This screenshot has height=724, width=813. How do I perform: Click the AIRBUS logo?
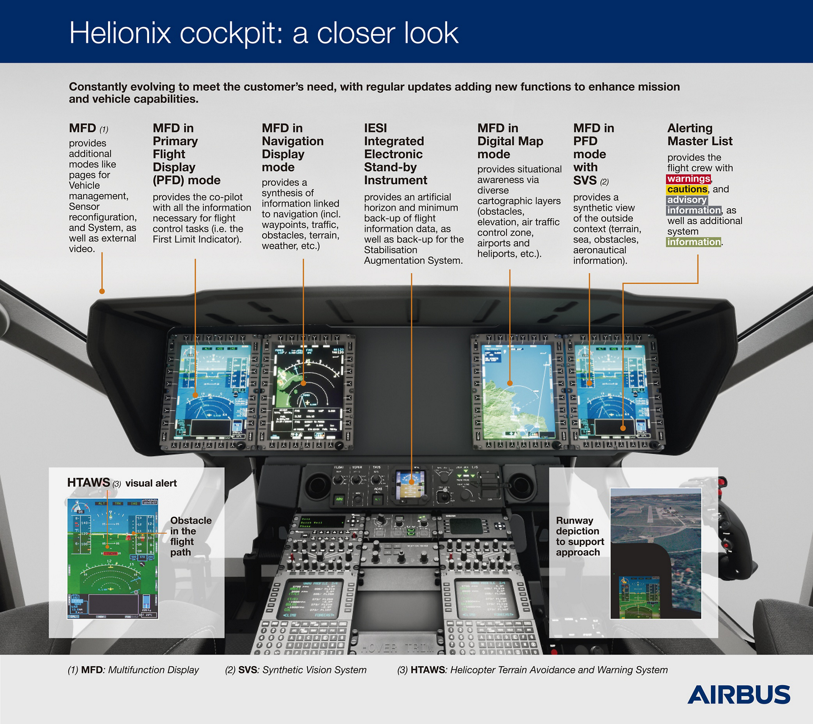738,695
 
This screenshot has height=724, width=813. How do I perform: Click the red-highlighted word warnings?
689,179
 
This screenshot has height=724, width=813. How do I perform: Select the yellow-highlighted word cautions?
687,190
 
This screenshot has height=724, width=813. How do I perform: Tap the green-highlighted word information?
694,242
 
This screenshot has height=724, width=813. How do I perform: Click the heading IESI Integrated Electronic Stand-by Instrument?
395,154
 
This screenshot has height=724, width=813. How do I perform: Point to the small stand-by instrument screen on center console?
410,486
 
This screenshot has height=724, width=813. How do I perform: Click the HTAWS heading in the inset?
88,483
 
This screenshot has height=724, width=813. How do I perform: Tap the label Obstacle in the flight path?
191,536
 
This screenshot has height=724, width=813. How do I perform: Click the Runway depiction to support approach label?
580,536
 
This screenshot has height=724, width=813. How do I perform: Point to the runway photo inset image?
655,553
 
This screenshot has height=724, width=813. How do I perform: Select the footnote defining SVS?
296,670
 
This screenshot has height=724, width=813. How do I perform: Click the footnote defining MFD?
133,670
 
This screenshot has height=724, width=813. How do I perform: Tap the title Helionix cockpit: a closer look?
263,33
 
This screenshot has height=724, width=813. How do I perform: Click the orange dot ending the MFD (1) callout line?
102,291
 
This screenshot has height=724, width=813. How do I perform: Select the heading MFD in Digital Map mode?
510,141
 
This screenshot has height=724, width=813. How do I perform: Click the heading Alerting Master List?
700,135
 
